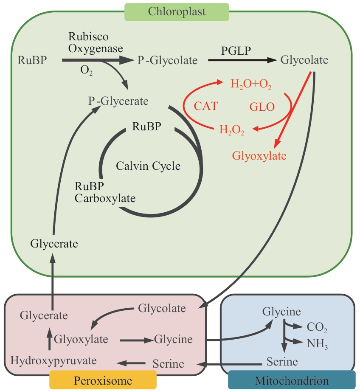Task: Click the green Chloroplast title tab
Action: click(177, 11)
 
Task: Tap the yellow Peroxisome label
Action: click(103, 380)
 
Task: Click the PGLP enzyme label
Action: click(236, 51)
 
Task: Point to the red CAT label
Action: click(206, 106)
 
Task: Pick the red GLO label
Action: click(262, 106)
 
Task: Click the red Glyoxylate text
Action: click(259, 156)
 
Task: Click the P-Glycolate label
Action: click(167, 61)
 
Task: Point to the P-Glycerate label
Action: click(118, 101)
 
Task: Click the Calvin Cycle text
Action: click(148, 166)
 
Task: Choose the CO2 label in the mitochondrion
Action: click(317, 327)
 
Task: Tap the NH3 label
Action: click(318, 343)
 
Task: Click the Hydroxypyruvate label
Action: click(53, 360)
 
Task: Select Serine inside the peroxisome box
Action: click(168, 363)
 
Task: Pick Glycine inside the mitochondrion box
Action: click(281, 312)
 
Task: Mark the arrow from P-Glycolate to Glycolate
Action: click(242, 60)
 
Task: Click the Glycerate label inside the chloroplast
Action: click(54, 244)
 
